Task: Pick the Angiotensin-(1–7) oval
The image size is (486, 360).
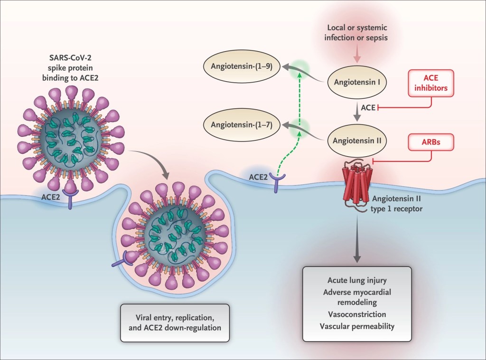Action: pyautogui.click(x=242, y=126)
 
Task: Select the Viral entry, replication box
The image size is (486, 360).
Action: pyautogui.click(x=175, y=322)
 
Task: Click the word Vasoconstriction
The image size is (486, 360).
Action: pyautogui.click(x=357, y=314)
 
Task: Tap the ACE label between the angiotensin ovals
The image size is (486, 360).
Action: pyautogui.click(x=368, y=108)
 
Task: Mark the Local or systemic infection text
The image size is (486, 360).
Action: pyautogui.click(x=356, y=33)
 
